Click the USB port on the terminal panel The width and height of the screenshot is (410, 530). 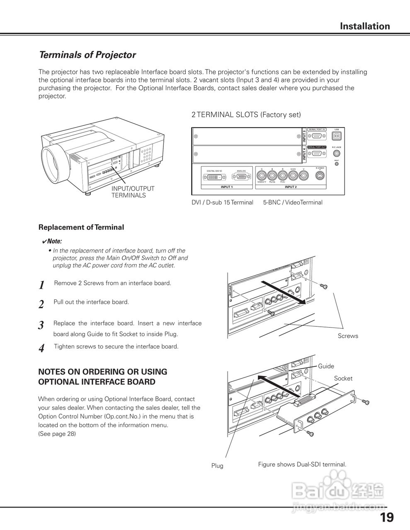coord(336,136)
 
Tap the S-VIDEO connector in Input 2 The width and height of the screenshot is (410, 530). coord(320,176)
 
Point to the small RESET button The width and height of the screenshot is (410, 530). coord(336,164)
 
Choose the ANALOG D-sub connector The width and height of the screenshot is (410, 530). coord(241,177)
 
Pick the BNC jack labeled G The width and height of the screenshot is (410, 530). coord(262,176)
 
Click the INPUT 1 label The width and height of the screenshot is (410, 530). coord(226,187)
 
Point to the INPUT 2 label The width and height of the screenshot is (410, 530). coord(291,187)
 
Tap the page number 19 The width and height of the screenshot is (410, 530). coord(386,517)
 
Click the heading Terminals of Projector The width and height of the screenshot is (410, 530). coord(87,55)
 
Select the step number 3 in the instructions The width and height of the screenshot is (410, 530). coord(41,325)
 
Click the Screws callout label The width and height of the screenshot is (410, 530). coord(348,336)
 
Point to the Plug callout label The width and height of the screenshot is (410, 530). coord(217,466)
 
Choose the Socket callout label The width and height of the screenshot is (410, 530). coord(343,378)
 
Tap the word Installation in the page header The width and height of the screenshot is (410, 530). coord(365,26)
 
